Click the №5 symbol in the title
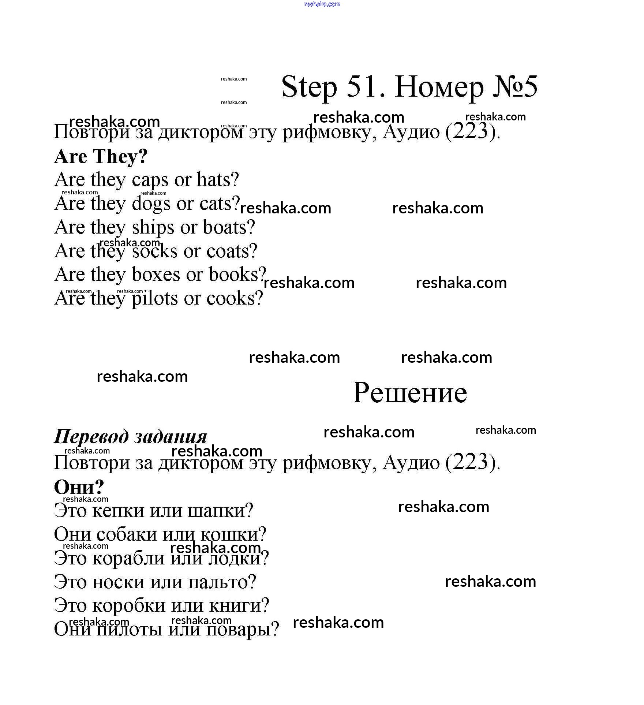tap(515, 87)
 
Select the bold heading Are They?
tap(101, 157)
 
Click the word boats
tap(228, 227)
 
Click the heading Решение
tap(410, 393)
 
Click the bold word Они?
tap(79, 488)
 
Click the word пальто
tap(221, 582)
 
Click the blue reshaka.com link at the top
tap(322, 4)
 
